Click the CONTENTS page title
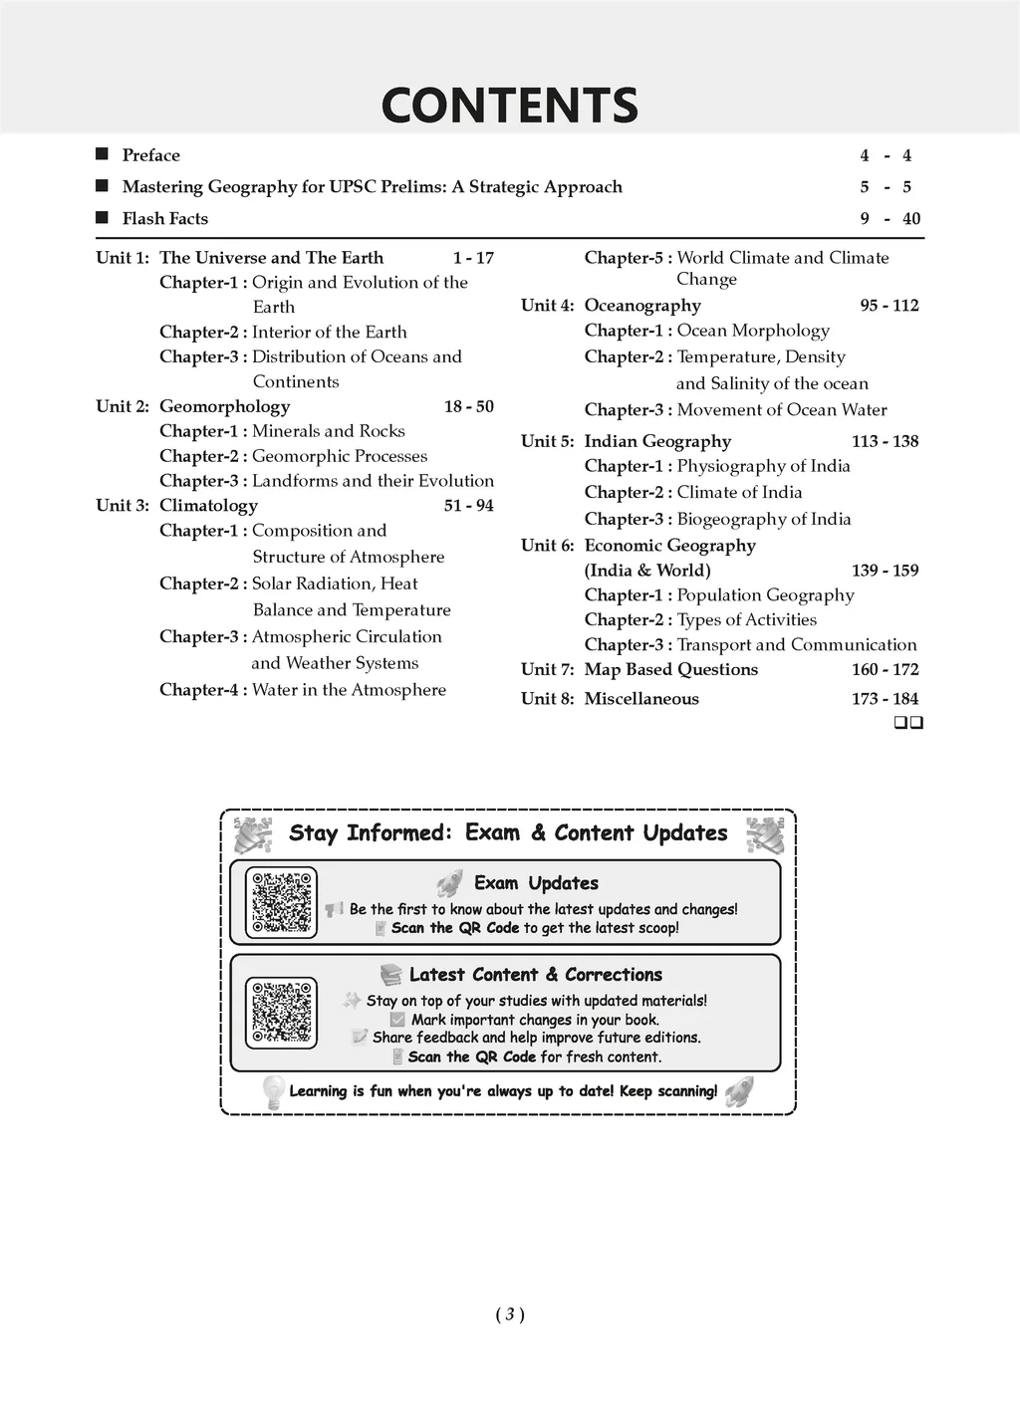[x=509, y=106]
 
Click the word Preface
[x=150, y=155]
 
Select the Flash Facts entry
[x=164, y=219]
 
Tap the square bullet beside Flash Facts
[x=102, y=218]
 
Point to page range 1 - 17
[x=473, y=258]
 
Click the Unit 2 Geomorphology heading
[x=224, y=406]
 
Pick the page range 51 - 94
[x=468, y=506]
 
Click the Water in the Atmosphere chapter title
[x=349, y=690]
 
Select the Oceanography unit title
[x=642, y=306]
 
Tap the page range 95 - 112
[x=889, y=306]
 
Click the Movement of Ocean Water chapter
[x=781, y=409]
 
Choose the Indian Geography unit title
[x=657, y=441]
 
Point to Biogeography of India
[x=764, y=519]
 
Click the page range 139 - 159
[x=885, y=571]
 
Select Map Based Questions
[x=670, y=670]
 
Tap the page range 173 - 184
[x=885, y=699]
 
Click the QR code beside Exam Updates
[x=281, y=901]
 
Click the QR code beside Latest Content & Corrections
[x=281, y=1012]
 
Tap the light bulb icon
[x=272, y=1091]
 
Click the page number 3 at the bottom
[x=509, y=1314]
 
